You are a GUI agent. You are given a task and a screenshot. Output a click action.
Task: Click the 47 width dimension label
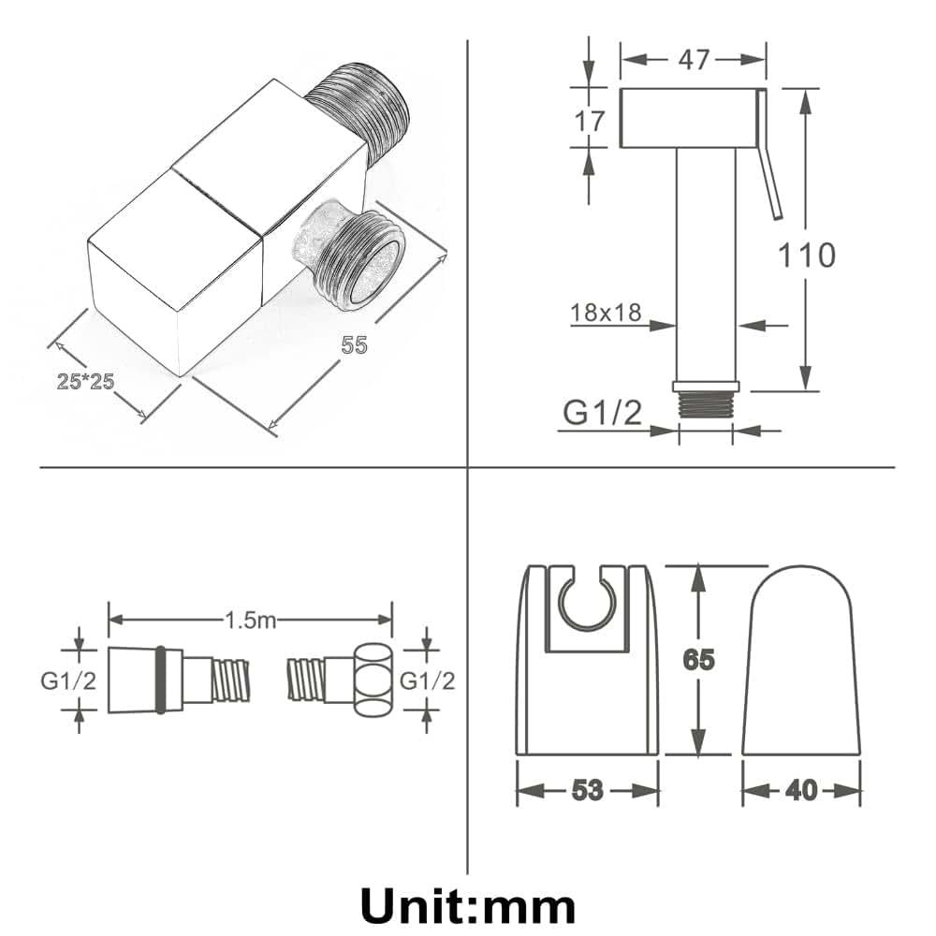click(693, 60)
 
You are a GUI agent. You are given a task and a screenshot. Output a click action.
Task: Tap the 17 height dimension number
click(589, 121)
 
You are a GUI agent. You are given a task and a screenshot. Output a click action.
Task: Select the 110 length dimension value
click(807, 255)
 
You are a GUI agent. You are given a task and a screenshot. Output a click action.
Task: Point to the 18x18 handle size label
click(606, 313)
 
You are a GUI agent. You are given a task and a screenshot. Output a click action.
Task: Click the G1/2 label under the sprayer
click(602, 413)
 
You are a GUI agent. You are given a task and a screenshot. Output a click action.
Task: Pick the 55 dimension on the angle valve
click(354, 345)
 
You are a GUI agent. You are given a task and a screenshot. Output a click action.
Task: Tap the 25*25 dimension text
click(85, 381)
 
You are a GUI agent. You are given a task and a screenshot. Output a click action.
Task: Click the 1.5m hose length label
click(251, 621)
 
